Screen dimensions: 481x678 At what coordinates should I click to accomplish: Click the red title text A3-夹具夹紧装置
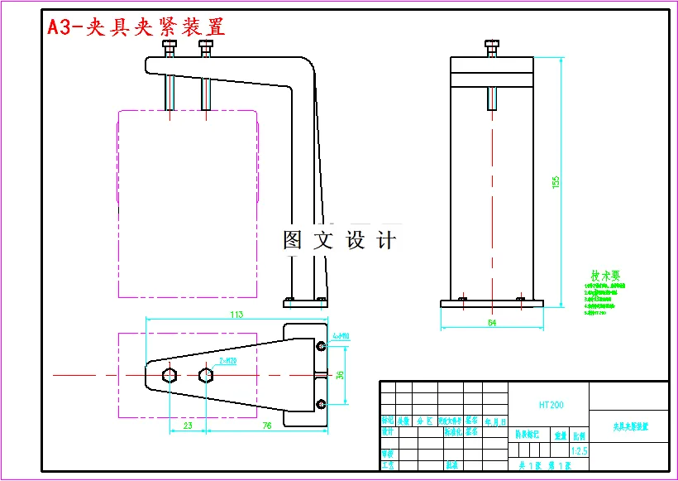pyautogui.click(x=136, y=26)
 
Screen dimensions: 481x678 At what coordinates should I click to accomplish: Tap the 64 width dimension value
pyautogui.click(x=492, y=323)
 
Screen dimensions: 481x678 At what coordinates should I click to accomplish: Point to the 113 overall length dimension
pyautogui.click(x=236, y=314)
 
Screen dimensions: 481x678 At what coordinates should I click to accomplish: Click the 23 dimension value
pyautogui.click(x=187, y=426)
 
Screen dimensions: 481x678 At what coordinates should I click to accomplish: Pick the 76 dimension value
pyautogui.click(x=266, y=426)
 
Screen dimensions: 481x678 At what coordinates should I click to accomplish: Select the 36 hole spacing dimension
pyautogui.click(x=339, y=374)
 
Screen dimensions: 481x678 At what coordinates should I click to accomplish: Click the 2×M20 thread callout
pyautogui.click(x=228, y=362)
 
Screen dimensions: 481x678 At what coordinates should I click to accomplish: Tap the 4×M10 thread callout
pyautogui.click(x=341, y=336)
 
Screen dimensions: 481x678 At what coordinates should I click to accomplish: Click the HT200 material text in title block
pyautogui.click(x=551, y=405)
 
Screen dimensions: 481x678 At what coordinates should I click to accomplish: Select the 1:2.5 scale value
pyautogui.click(x=579, y=451)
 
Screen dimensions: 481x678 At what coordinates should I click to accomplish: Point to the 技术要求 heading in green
pyautogui.click(x=605, y=276)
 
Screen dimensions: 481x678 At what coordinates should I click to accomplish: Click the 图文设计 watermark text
pyautogui.click(x=340, y=240)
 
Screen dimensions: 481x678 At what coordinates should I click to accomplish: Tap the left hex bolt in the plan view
pyautogui.click(x=169, y=375)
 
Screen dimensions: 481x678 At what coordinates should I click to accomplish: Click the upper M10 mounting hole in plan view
pyautogui.click(x=321, y=345)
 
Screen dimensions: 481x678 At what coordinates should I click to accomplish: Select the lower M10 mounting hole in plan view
pyautogui.click(x=321, y=404)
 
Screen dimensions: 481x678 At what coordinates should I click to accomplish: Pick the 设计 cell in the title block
pyautogui.click(x=387, y=431)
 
